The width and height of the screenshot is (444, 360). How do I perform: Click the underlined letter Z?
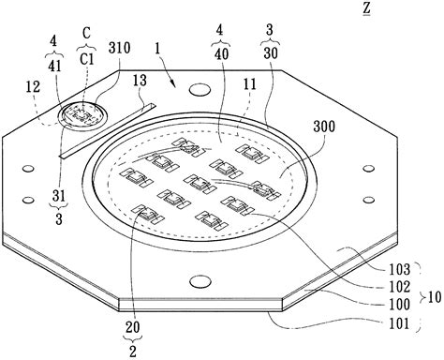click(x=366, y=8)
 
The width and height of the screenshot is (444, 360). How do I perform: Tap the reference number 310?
click(x=120, y=49)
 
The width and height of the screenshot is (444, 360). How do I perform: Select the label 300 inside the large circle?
click(x=324, y=127)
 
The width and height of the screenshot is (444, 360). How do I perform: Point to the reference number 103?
click(x=400, y=269)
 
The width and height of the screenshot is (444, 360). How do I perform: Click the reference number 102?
click(x=400, y=287)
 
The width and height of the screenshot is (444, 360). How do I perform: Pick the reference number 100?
click(x=400, y=305)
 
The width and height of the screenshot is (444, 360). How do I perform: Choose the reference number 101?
click(x=399, y=323)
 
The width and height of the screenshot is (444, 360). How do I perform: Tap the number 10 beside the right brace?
click(x=435, y=297)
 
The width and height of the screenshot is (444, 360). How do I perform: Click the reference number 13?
click(x=140, y=81)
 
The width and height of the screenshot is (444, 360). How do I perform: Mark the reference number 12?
click(x=33, y=86)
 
